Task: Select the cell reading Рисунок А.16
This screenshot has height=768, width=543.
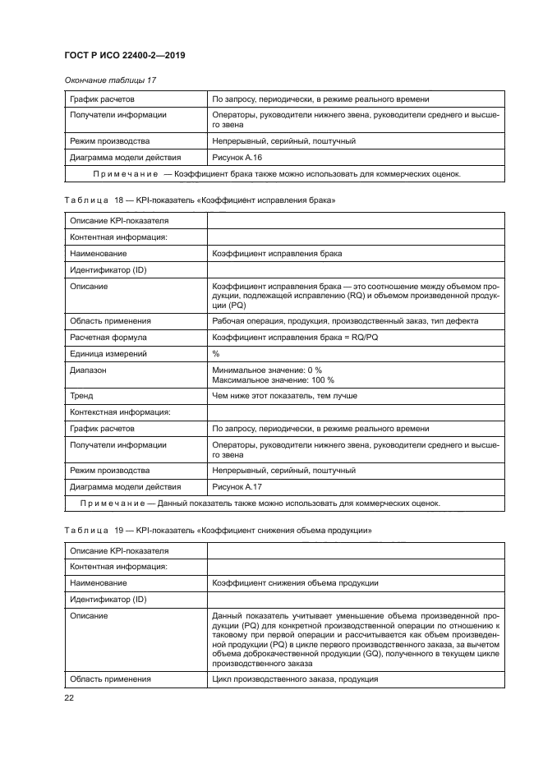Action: click(x=237, y=157)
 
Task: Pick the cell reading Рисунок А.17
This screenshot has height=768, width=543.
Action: click(x=237, y=486)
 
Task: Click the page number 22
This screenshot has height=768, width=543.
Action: click(x=69, y=697)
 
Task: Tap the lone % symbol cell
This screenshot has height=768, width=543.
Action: click(x=216, y=353)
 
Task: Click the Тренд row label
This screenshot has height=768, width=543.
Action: click(x=82, y=396)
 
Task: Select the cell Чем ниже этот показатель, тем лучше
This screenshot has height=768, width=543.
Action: click(x=284, y=396)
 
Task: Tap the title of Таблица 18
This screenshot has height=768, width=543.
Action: click(x=200, y=200)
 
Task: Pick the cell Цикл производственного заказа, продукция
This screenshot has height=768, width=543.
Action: click(x=295, y=679)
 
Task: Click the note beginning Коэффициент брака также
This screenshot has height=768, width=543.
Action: click(x=277, y=174)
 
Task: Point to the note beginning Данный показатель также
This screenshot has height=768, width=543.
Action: click(x=260, y=504)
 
